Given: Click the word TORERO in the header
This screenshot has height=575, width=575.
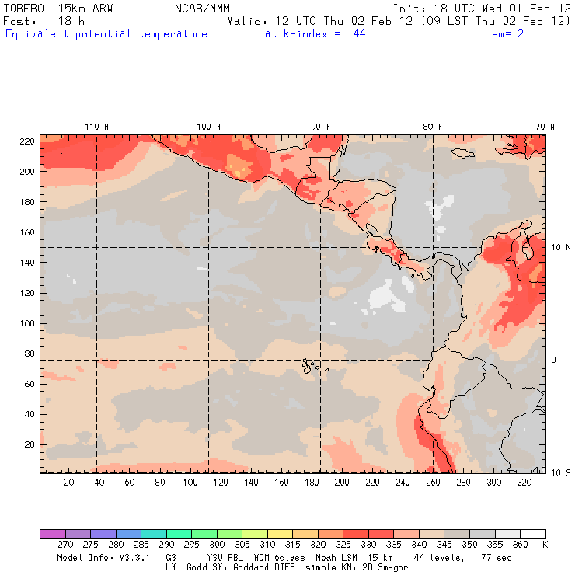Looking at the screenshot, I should point(23,8).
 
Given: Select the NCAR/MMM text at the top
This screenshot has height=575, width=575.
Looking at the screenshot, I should point(200,8).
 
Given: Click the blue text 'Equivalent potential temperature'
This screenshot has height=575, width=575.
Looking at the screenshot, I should point(106,34).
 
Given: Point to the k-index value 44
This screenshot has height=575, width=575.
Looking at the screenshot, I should point(359,34).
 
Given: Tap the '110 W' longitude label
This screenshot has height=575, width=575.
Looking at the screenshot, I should point(96,127).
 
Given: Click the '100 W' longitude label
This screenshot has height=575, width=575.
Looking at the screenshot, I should point(208,127).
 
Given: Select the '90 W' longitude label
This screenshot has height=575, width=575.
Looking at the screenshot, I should point(321,127).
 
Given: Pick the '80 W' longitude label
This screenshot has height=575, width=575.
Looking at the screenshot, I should point(433,127).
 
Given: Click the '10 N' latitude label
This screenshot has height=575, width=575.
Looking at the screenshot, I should point(561,247).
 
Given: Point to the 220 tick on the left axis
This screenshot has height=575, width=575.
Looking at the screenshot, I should point(26,141).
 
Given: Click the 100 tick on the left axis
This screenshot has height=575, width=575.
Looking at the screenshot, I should point(26,323).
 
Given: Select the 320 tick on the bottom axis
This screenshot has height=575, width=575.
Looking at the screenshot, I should point(524,483).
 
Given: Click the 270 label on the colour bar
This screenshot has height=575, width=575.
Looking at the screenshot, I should point(64,545).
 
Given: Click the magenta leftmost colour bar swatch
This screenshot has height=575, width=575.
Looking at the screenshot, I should point(52,534).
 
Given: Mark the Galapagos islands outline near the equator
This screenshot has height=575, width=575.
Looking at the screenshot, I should point(312,364).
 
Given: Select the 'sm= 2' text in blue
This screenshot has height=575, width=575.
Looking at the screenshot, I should point(508,34).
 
